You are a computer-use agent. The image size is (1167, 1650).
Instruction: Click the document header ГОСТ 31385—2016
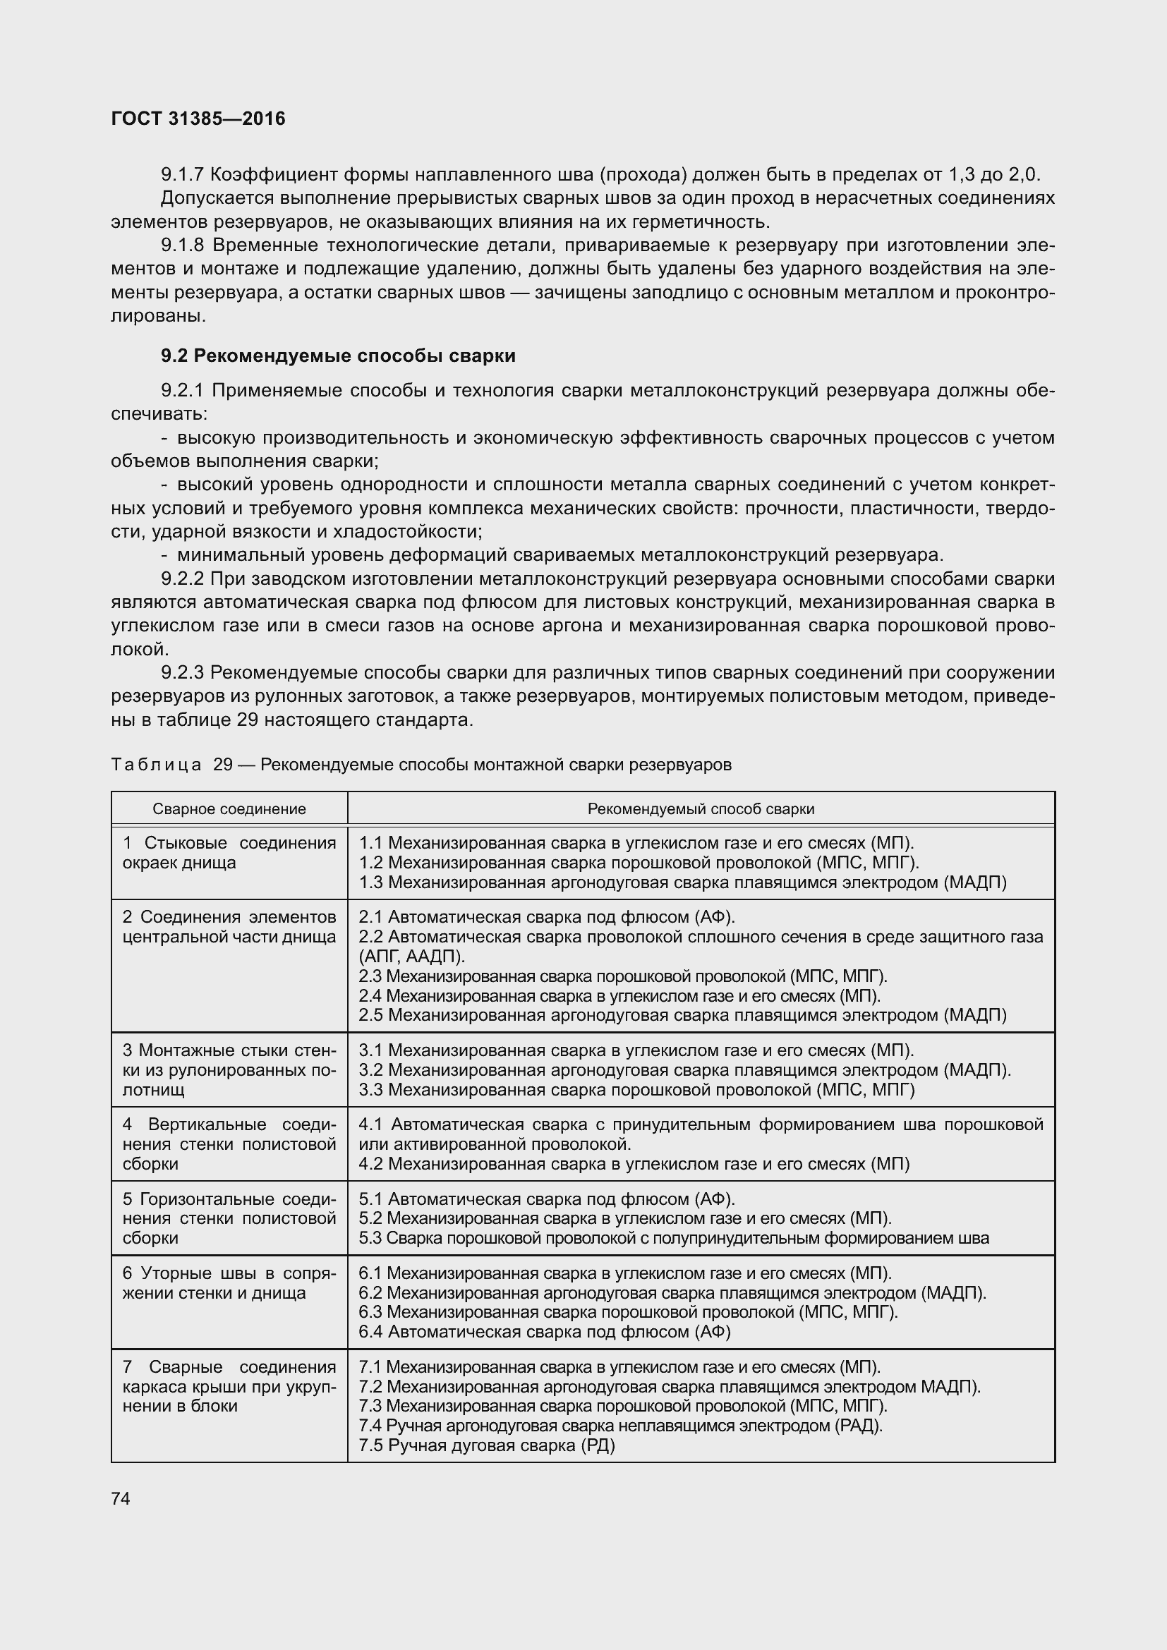pyautogui.click(x=198, y=119)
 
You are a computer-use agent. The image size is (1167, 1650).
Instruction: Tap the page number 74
pyautogui.click(x=121, y=1498)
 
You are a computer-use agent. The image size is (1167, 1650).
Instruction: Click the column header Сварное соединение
pyautogui.click(x=229, y=808)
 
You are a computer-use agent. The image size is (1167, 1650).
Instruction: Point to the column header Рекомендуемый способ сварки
pyautogui.click(x=701, y=808)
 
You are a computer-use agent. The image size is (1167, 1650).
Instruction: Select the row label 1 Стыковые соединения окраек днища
pyautogui.click(x=229, y=852)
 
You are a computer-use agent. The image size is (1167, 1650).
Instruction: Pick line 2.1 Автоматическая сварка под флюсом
pyautogui.click(x=546, y=917)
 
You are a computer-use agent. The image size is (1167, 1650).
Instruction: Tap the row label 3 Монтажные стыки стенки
pyautogui.click(x=229, y=1070)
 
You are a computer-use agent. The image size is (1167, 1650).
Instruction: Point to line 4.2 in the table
pyautogui.click(x=634, y=1163)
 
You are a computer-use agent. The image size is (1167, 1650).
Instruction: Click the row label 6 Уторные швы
pyautogui.click(x=229, y=1282)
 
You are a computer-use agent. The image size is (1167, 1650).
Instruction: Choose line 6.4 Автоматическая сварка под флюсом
pyautogui.click(x=544, y=1332)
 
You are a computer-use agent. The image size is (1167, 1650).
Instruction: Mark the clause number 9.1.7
pyautogui.click(x=183, y=175)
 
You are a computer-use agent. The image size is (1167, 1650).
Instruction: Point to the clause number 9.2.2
pyautogui.click(x=183, y=578)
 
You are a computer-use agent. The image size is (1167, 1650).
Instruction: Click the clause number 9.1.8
pyautogui.click(x=183, y=245)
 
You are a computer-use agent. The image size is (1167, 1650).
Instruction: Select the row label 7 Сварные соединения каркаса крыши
pyautogui.click(x=229, y=1386)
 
